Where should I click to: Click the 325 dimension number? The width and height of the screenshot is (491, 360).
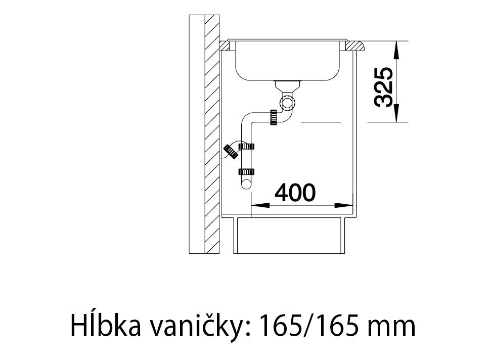click(384, 87)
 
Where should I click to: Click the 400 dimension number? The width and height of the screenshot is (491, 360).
click(295, 193)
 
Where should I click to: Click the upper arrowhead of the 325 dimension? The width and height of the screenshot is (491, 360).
click(396, 50)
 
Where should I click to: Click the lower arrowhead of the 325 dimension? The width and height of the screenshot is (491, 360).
click(396, 113)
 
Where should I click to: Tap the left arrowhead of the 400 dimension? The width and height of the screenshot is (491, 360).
click(260, 206)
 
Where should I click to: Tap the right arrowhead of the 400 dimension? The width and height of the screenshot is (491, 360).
click(344, 206)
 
